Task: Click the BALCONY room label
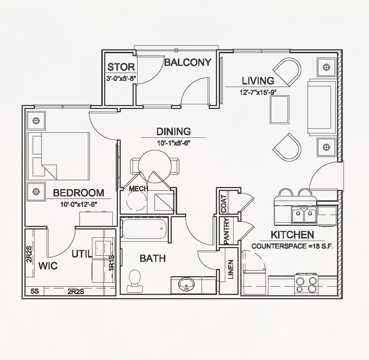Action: pos(187,62)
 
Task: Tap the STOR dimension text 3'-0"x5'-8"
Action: pos(121,78)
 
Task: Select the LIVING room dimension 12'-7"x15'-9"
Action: pos(258,92)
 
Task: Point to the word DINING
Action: pos(173,131)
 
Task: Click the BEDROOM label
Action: pos(79,193)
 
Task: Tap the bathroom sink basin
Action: pos(186,284)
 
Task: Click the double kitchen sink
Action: pos(304,216)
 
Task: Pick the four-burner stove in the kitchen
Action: pos(307,284)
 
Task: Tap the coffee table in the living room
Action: pos(280,110)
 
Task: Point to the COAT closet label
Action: pos(223,204)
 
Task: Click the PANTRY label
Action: pos(226,231)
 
